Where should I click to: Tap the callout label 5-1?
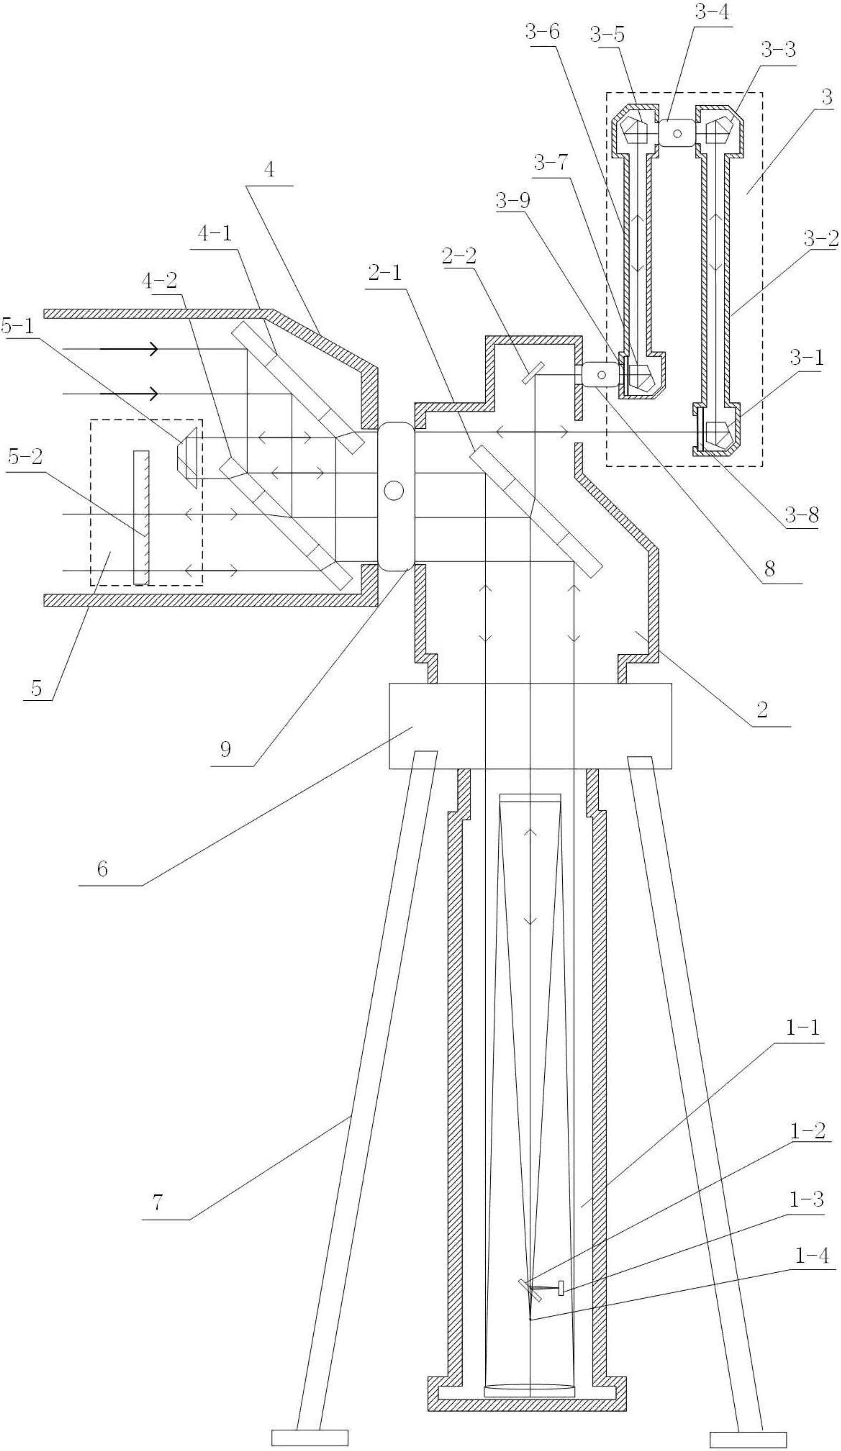pyautogui.click(x=17, y=326)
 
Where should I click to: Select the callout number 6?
pyautogui.click(x=102, y=868)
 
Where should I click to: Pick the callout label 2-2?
pyautogui.click(x=459, y=255)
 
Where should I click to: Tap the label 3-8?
pyautogui.click(x=801, y=514)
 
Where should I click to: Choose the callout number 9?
pyautogui.click(x=225, y=749)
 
